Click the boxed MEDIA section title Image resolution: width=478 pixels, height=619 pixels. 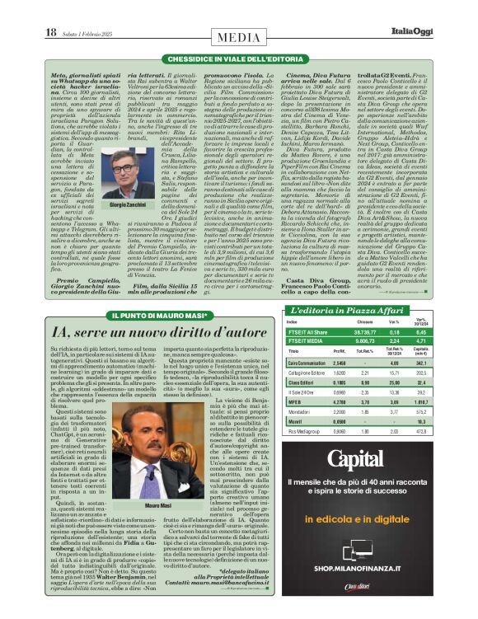point(238,37)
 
